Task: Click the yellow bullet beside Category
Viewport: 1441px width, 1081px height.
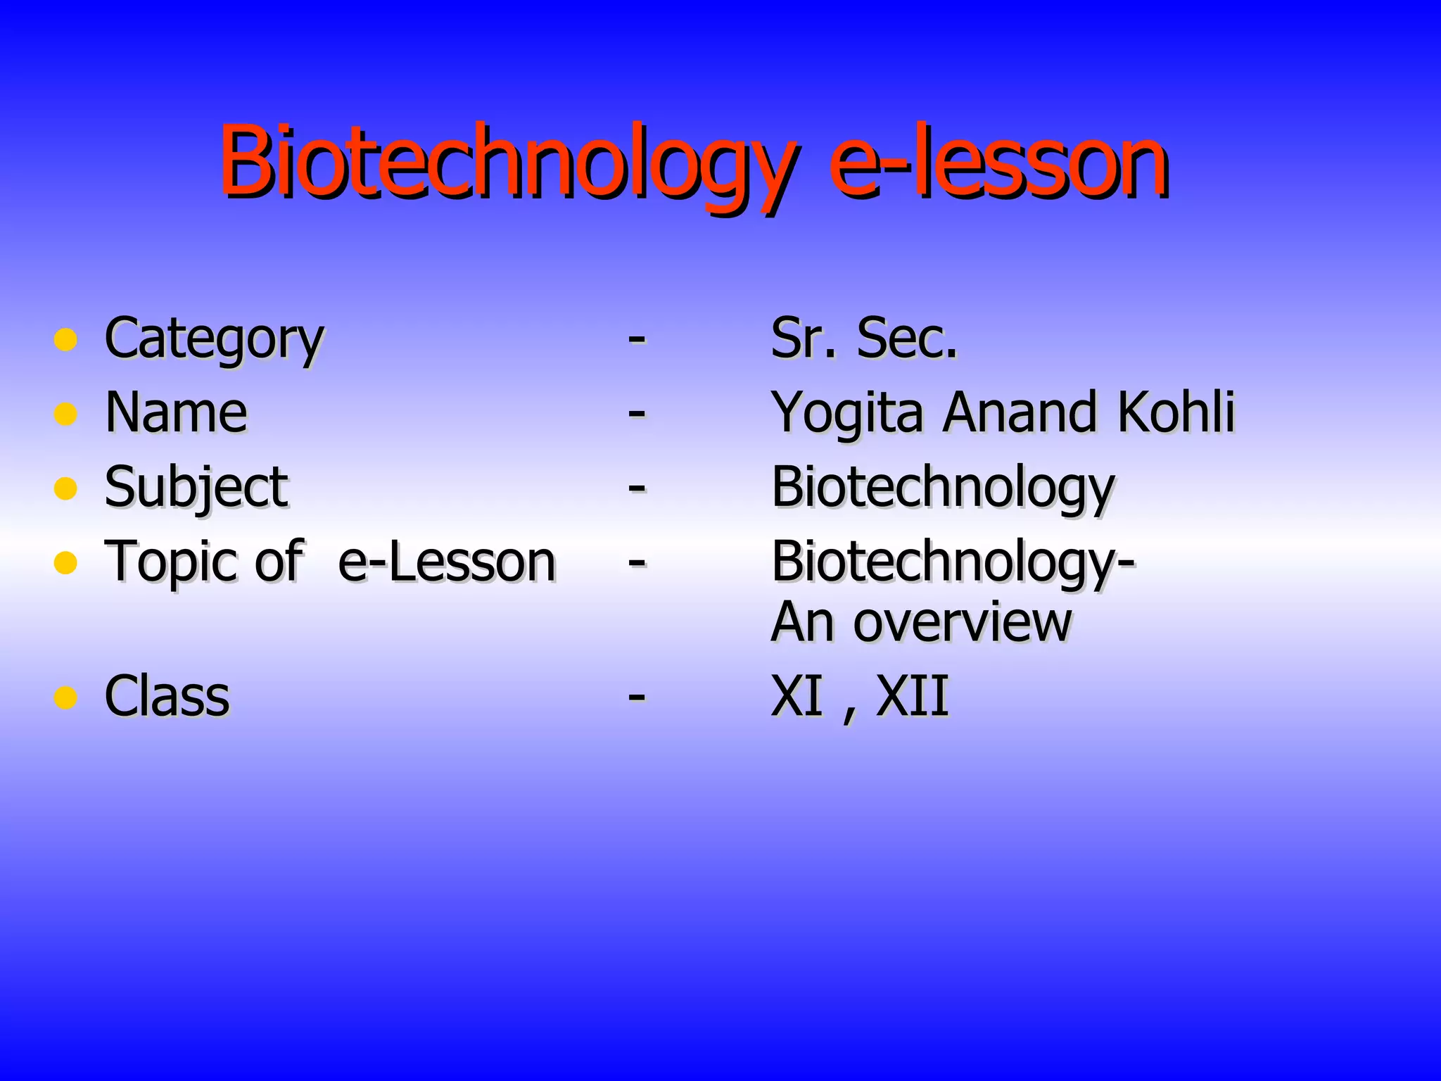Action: (x=65, y=340)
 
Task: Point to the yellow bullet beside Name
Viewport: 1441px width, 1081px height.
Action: (x=65, y=414)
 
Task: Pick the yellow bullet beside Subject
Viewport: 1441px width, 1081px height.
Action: (x=65, y=488)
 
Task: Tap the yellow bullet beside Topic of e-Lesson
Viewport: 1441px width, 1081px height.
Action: (x=65, y=562)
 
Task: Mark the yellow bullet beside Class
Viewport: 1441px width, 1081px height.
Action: (x=65, y=697)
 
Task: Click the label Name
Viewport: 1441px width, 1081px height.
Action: (x=176, y=413)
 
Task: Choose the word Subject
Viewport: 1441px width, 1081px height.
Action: (x=196, y=488)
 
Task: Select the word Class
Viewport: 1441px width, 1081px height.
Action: (x=167, y=697)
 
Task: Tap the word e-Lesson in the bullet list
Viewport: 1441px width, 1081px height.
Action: (x=447, y=562)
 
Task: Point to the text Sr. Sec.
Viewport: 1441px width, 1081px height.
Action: (x=864, y=339)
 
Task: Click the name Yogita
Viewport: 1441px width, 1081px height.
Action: (x=847, y=414)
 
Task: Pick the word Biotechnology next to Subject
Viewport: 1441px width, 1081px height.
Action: (x=943, y=488)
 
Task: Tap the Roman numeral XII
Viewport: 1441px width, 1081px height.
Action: (x=912, y=697)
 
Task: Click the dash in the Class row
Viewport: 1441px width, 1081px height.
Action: (x=637, y=697)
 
